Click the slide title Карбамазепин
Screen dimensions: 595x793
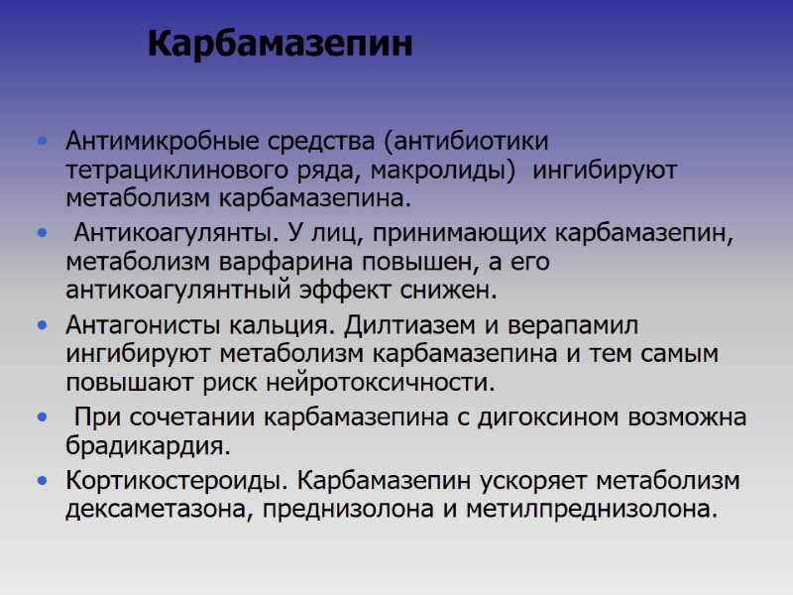pos(279,45)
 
